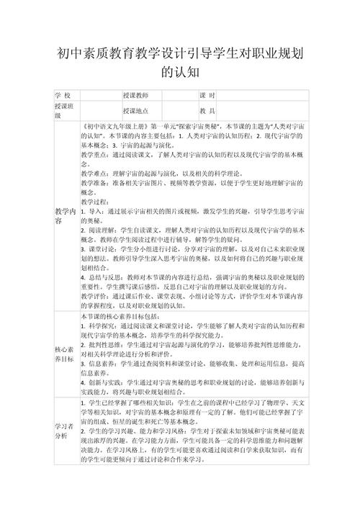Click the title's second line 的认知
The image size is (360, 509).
[x=180, y=72]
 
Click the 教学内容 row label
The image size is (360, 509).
[x=65, y=215]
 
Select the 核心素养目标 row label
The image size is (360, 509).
[x=65, y=356]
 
